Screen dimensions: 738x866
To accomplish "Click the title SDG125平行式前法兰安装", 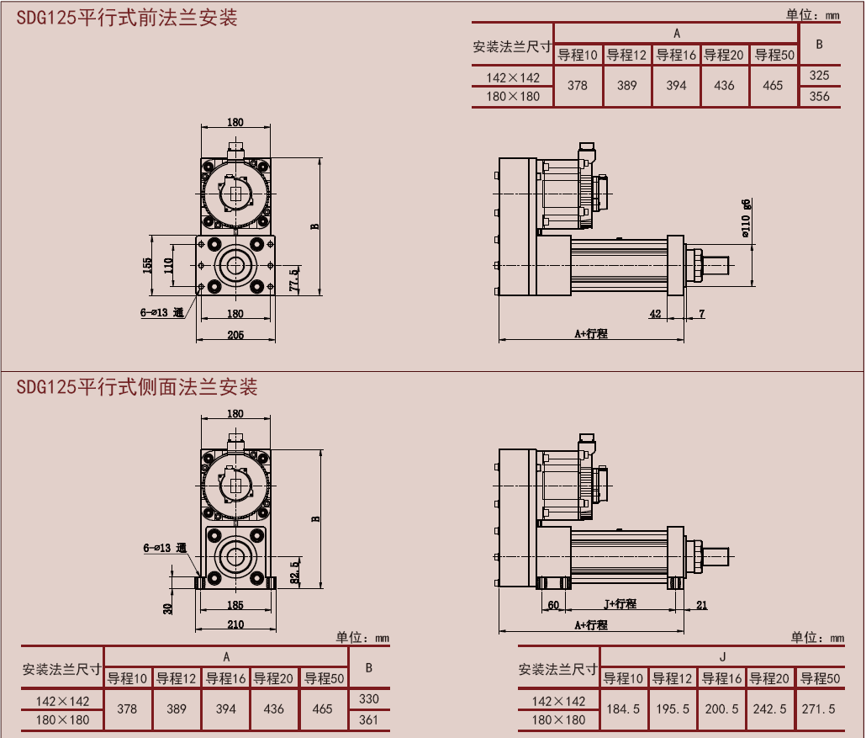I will [126, 17].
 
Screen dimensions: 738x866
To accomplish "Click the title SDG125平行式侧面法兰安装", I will [136, 387].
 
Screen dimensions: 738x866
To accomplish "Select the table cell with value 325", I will [819, 75].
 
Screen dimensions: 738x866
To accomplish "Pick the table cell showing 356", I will [819, 96].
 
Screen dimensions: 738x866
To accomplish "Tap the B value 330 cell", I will [368, 698].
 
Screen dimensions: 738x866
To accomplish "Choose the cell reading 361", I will [368, 719].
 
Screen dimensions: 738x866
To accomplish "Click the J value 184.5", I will [623, 709].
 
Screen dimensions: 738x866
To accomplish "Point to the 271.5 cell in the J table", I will [818, 709].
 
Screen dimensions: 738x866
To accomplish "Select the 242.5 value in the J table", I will [770, 709].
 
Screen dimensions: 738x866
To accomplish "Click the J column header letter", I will [722, 657].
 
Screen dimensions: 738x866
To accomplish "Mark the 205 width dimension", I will [235, 335].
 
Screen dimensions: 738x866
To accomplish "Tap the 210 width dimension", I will [235, 624].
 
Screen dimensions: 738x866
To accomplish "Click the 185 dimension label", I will [235, 605].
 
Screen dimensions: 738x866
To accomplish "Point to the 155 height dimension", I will [147, 266].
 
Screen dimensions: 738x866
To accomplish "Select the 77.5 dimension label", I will [293, 278].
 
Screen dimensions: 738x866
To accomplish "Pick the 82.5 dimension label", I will [293, 571].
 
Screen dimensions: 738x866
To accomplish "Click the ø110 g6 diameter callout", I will [746, 218].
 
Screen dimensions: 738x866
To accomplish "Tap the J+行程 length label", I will [620, 604].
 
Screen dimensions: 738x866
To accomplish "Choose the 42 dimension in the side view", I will [655, 314].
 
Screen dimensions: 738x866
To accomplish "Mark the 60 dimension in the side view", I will [553, 604].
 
